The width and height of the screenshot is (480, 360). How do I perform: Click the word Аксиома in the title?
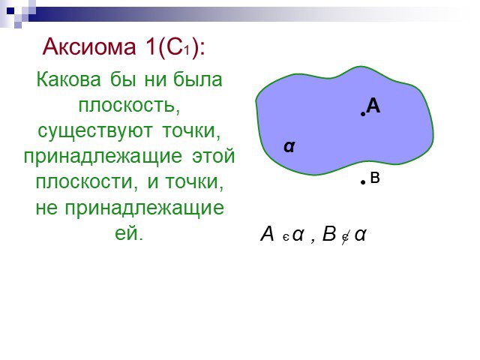click(x=89, y=46)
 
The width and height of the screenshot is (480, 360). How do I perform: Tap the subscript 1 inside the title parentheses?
click(x=187, y=49)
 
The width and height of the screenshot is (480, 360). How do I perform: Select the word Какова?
click(x=68, y=79)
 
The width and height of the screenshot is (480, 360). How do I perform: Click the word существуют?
click(x=95, y=131)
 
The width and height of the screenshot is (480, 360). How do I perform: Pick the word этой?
click(x=213, y=156)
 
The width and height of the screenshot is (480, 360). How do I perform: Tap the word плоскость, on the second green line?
click(x=129, y=106)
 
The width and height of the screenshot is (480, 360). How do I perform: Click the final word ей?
click(x=129, y=233)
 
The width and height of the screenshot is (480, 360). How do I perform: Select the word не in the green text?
click(x=46, y=208)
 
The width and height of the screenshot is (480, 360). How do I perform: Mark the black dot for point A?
click(x=363, y=114)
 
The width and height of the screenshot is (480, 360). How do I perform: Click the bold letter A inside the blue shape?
click(x=373, y=106)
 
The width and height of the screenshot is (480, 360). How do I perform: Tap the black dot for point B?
click(x=363, y=182)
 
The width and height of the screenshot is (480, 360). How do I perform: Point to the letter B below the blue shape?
click(x=375, y=178)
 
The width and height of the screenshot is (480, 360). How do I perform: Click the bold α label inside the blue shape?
click(x=289, y=147)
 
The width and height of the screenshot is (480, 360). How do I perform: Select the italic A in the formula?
click(x=267, y=234)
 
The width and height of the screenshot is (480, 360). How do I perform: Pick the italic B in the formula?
click(x=329, y=234)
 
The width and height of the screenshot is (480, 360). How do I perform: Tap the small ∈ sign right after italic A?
click(x=286, y=238)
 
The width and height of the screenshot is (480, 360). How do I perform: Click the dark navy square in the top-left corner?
click(x=10, y=11)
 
